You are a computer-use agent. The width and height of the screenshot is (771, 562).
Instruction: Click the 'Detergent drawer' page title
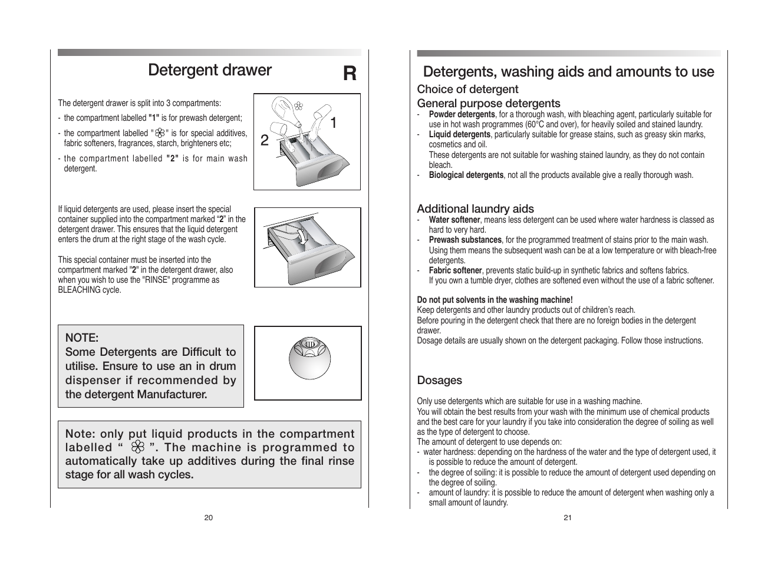coord(210,70)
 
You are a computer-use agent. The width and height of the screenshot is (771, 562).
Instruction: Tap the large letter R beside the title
coord(350,74)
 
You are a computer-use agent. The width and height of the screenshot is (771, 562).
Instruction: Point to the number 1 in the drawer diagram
coord(334,123)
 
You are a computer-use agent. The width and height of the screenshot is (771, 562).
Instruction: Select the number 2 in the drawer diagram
coord(264,140)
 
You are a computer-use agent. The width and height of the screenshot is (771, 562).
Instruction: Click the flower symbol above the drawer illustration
coord(298,107)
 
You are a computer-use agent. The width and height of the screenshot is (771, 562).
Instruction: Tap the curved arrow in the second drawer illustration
coord(304,237)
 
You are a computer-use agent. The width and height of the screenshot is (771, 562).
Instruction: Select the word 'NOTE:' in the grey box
coord(81,338)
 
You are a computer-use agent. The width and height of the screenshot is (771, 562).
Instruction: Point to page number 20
coord(209,518)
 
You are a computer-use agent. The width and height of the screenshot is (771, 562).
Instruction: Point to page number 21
coord(568,518)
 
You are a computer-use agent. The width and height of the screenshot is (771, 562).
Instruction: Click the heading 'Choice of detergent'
coord(467,90)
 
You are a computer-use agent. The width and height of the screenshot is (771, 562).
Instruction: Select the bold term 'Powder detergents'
coord(462,114)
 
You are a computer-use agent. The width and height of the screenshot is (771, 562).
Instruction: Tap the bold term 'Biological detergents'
coord(466,175)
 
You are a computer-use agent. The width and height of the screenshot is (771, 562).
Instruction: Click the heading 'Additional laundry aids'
coord(475,209)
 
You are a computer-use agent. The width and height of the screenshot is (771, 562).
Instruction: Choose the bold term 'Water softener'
coord(454,220)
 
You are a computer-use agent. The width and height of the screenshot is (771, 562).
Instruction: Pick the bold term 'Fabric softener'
coord(455,270)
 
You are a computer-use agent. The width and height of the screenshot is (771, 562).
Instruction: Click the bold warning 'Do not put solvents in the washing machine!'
coord(495,300)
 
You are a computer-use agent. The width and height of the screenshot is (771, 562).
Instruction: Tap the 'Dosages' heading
coord(439,381)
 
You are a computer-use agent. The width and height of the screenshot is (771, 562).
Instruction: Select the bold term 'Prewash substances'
coord(464,240)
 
